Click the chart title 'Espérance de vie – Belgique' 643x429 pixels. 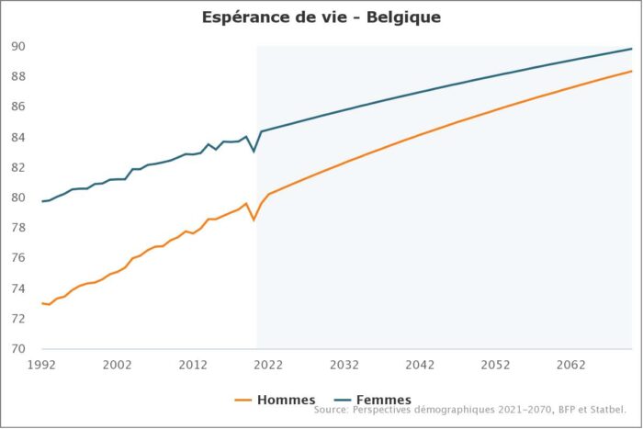coord(321,17)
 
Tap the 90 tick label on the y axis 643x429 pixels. coord(19,47)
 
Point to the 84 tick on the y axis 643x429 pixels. coord(19,138)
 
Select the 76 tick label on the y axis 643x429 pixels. coord(19,258)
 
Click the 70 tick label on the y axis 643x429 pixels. coord(19,349)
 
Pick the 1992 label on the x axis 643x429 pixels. coord(42,365)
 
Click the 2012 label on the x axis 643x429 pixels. coord(193,365)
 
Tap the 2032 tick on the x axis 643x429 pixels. coord(344,365)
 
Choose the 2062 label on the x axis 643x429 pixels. coord(571,365)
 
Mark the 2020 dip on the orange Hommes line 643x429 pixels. coord(254,220)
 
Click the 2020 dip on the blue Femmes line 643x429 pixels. coord(254,150)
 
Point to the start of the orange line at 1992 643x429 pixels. coord(42,303)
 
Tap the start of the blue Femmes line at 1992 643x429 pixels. coord(42,201)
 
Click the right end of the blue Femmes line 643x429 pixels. coord(632,49)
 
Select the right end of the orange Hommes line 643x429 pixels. coord(632,72)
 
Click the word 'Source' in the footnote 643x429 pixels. coord(332,411)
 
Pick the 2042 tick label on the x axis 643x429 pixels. coord(420,365)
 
